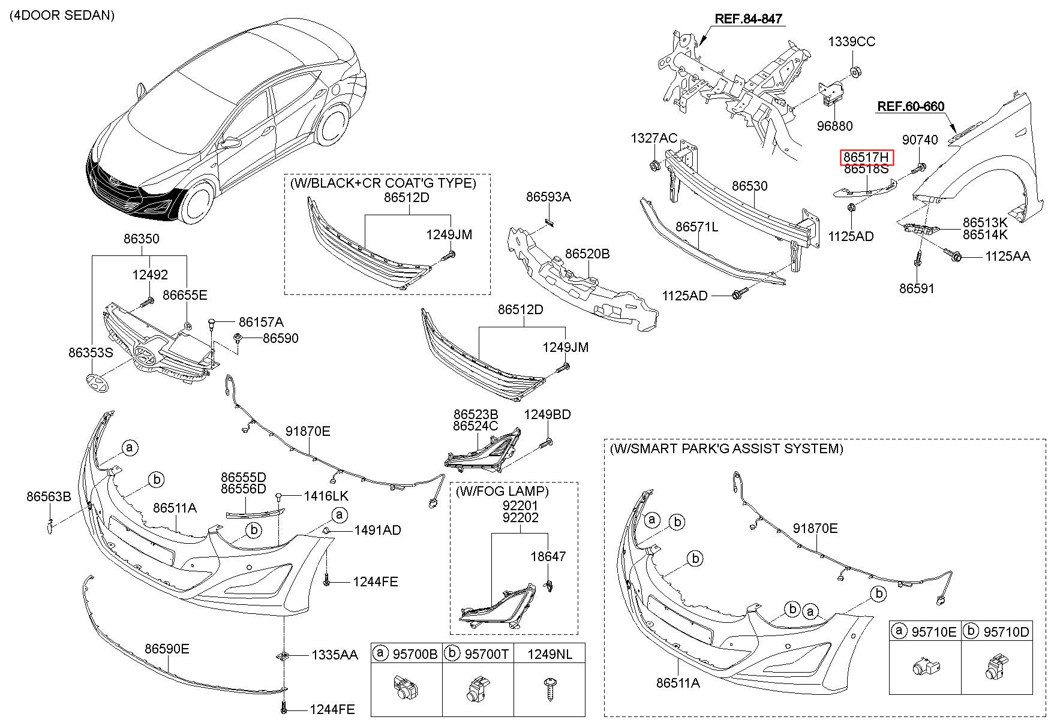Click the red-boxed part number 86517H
pyautogui.click(x=867, y=158)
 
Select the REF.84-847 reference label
pyautogui.click(x=748, y=19)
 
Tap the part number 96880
pyautogui.click(x=834, y=126)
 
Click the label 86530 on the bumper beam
pyautogui.click(x=749, y=186)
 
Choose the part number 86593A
pyautogui.click(x=548, y=197)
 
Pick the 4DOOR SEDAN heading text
pyautogui.click(x=62, y=16)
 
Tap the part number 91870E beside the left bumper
pyautogui.click(x=307, y=432)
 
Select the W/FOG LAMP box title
pyautogui.click(x=502, y=491)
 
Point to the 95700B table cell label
pyautogui.click(x=415, y=654)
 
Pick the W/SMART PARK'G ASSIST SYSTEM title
pyautogui.click(x=726, y=448)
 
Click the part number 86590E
pyautogui.click(x=167, y=649)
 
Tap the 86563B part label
pyautogui.click(x=49, y=496)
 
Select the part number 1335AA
pyautogui.click(x=334, y=655)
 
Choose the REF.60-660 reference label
pyautogui.click(x=911, y=107)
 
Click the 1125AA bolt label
pyautogui.click(x=1007, y=257)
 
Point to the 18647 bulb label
pyautogui.click(x=548, y=556)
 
